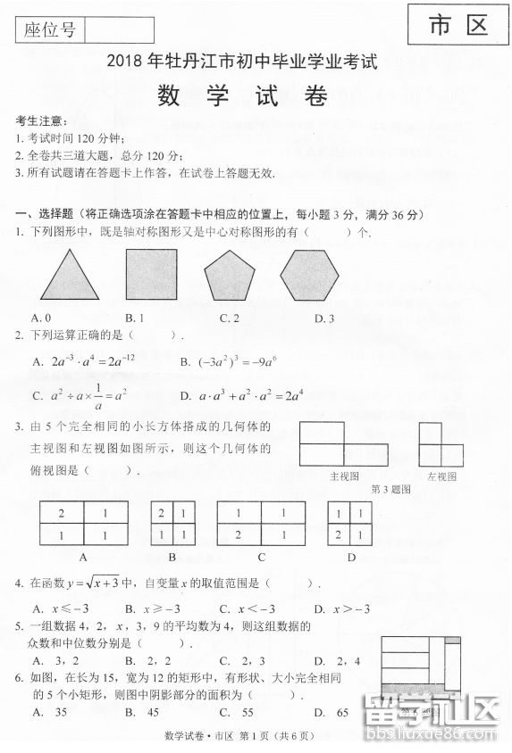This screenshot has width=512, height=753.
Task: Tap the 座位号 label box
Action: [x=50, y=30]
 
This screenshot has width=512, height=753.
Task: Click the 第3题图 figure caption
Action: [x=390, y=490]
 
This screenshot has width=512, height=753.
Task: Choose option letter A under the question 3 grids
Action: [x=83, y=557]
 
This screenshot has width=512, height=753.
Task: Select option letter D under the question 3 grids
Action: [x=351, y=557]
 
